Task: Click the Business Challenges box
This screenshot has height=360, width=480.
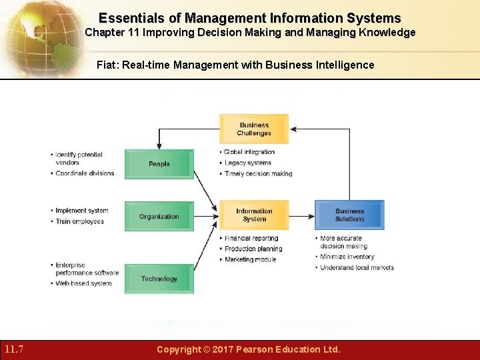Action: (x=254, y=129)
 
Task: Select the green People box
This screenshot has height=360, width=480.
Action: (x=159, y=164)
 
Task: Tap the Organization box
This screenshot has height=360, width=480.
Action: (x=159, y=217)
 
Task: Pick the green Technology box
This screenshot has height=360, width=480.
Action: (x=159, y=279)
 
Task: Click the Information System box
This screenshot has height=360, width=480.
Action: (x=254, y=215)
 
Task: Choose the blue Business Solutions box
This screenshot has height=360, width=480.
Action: (x=349, y=215)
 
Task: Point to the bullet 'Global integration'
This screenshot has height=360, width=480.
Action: (x=249, y=152)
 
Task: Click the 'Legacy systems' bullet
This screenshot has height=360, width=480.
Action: (x=248, y=163)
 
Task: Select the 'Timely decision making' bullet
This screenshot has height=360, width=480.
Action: (x=258, y=174)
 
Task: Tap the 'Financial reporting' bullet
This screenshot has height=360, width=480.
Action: (x=251, y=238)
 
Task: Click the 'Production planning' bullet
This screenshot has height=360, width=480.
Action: (x=253, y=249)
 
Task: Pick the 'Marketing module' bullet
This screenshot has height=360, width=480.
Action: (x=250, y=259)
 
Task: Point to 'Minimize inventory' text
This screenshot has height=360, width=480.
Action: (x=347, y=257)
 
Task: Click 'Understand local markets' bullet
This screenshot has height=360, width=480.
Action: (x=357, y=267)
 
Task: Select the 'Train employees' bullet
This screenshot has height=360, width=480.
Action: (x=79, y=221)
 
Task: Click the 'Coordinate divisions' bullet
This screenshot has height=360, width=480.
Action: (x=85, y=173)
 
